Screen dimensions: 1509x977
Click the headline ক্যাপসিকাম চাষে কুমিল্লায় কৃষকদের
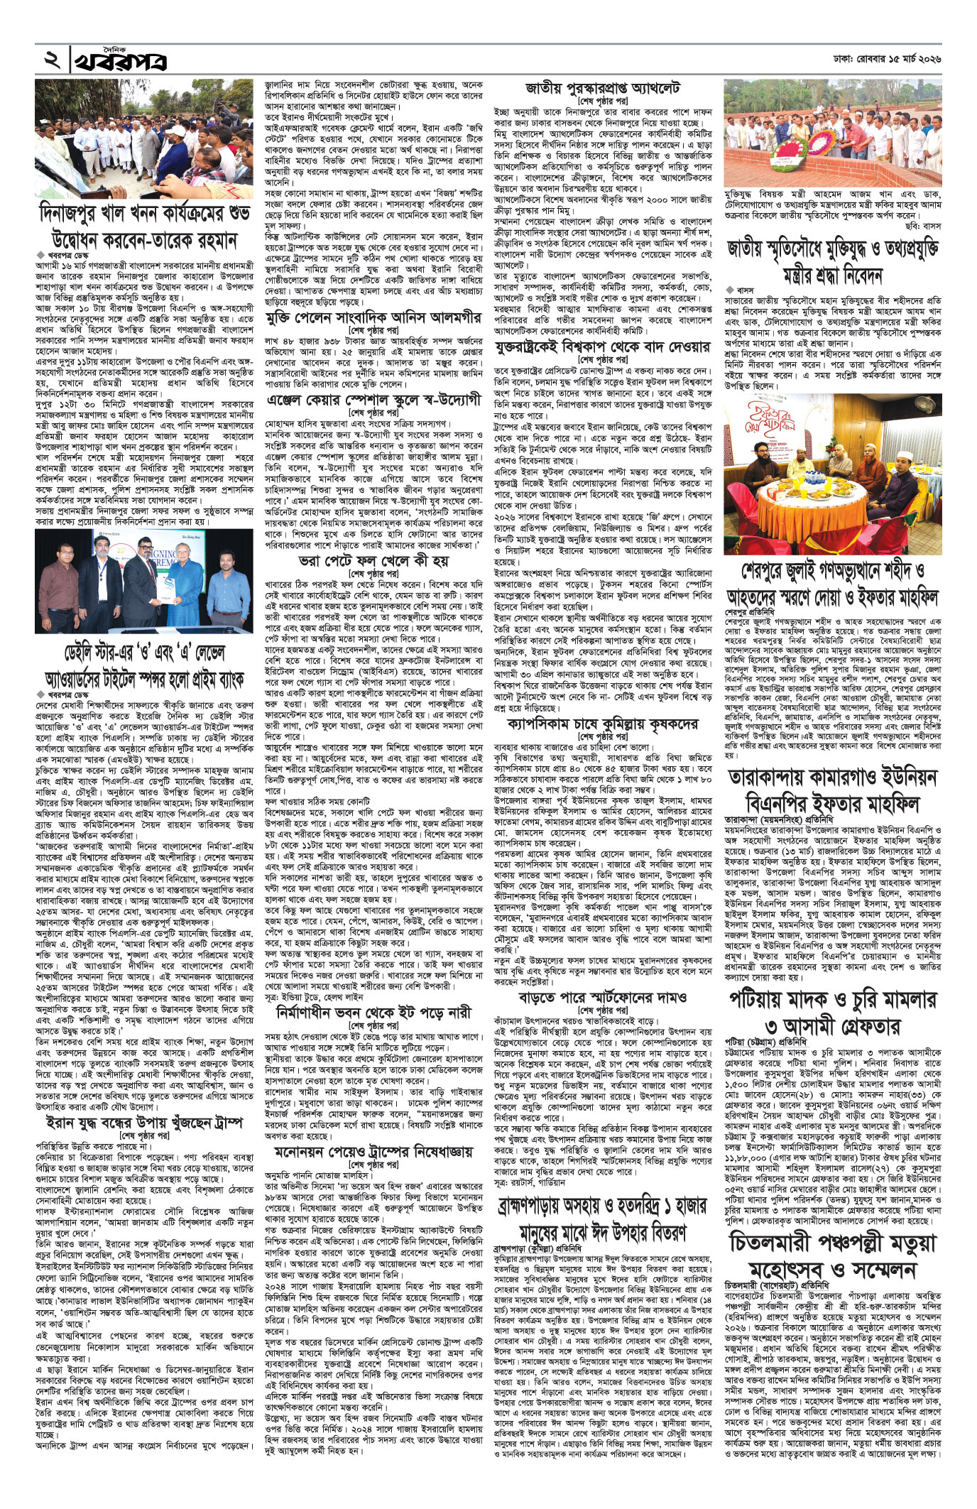pyautogui.click(x=603, y=725)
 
